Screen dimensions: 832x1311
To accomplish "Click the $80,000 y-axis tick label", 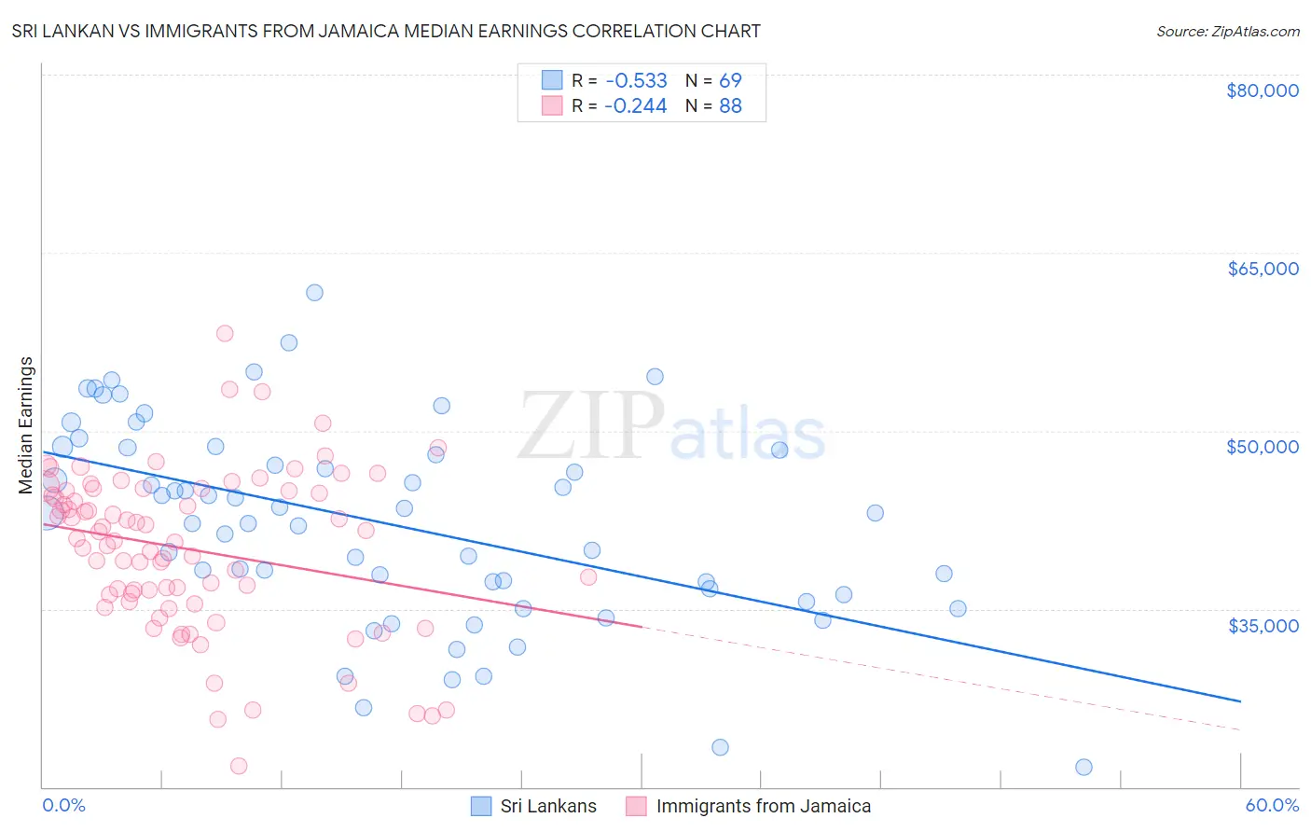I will [1263, 90].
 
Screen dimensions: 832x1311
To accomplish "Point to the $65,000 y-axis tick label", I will [1263, 269].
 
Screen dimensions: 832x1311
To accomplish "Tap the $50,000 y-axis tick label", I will [1263, 447].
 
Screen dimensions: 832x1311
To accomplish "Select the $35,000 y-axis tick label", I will [1263, 625].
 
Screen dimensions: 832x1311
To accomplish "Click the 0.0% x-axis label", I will [63, 805].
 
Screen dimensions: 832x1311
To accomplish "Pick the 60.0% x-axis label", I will [1272, 805].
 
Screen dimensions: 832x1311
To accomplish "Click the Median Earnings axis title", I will [26, 424].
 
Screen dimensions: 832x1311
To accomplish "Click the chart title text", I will [386, 31].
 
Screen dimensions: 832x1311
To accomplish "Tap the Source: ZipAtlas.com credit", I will [1227, 31].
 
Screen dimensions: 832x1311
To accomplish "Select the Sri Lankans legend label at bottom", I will [548, 806].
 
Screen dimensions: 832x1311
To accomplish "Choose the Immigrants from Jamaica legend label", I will [763, 806].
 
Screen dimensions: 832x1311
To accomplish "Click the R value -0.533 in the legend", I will [635, 80].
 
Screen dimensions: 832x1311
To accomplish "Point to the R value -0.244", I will [635, 106].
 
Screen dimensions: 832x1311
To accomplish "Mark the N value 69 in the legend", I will [730, 80].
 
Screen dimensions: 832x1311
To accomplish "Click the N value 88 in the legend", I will [730, 106].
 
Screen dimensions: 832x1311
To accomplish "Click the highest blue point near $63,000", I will [314, 292].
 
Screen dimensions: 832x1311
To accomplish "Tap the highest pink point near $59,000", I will [225, 333].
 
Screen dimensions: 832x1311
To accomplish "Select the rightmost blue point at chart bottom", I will [1083, 767].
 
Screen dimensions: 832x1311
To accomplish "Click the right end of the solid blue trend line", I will [1240, 700].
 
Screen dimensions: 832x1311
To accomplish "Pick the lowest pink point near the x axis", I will [239, 766].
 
